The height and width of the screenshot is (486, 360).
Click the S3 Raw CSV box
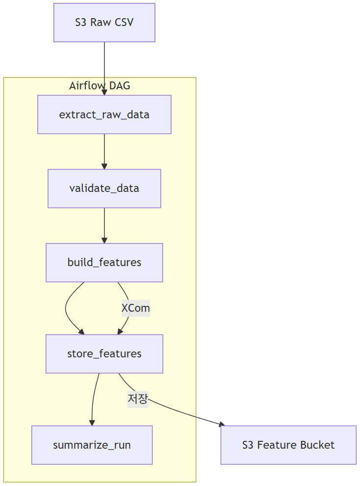point(104,23)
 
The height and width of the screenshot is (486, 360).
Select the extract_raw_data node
point(104,114)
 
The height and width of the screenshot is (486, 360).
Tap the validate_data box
point(104,189)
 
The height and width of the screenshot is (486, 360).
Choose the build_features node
point(104,263)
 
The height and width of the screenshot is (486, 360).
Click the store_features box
point(104,354)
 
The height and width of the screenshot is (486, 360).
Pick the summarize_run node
point(92,445)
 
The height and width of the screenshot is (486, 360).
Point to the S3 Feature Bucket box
point(288,445)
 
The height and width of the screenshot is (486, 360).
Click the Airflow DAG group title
point(100,85)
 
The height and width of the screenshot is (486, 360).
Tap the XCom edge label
point(135,308)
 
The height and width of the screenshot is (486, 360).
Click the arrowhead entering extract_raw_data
point(104,92)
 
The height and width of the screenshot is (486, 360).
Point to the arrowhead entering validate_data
point(104,166)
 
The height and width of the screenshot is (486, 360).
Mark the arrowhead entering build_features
point(104,240)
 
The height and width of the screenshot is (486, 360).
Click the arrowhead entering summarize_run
point(92,422)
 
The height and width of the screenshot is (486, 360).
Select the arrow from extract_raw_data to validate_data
point(104,150)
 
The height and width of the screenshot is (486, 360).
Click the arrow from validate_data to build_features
point(104,224)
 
